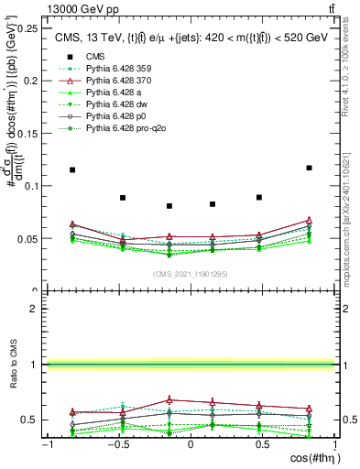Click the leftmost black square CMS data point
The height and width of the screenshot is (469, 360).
(x=72, y=169)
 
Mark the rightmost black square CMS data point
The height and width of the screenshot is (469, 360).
(x=309, y=168)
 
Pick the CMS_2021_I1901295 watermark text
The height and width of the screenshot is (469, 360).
(x=190, y=275)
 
